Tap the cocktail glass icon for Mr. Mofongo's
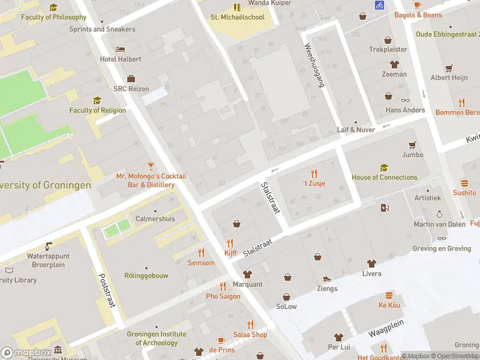[151, 165]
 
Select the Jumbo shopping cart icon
[412, 145]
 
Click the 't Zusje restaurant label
[313, 183]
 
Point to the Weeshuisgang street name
[314, 65]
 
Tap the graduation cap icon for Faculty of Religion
[97, 100]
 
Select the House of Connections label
[384, 177]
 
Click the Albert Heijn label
[449, 78]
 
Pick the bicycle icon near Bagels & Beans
[379, 5]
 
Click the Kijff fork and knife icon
[230, 243]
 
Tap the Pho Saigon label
[223, 296]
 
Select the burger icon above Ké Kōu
[389, 295]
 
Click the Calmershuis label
[155, 219]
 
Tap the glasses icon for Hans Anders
[405, 100]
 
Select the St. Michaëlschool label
[237, 17]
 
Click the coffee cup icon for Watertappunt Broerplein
[49, 246]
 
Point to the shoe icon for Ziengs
[327, 279]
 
